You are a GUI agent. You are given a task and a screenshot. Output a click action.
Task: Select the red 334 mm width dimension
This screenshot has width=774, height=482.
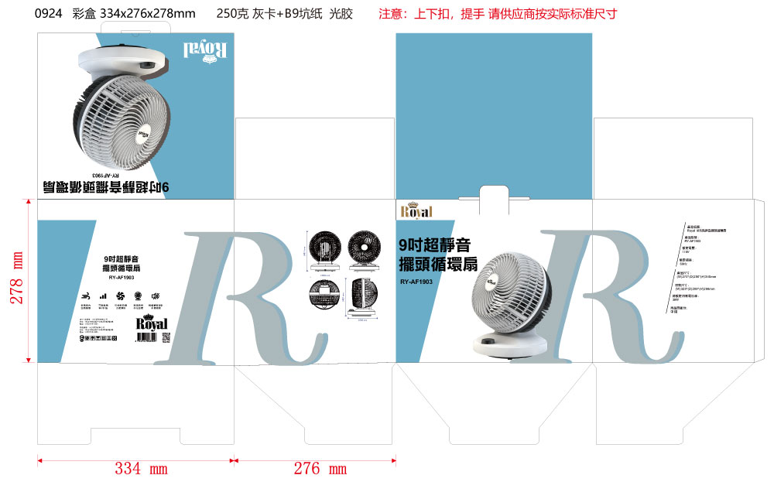click(141, 469)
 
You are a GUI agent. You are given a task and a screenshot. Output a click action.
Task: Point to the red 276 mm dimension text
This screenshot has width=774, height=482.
click(320, 469)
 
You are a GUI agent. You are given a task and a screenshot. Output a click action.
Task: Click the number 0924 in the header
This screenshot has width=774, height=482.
click(48, 14)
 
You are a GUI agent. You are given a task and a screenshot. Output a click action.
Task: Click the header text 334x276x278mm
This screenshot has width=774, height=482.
click(148, 14)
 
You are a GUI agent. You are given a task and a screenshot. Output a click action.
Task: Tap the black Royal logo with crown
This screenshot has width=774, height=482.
click(152, 323)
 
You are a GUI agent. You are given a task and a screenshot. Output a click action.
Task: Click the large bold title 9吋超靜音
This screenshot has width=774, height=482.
click(434, 245)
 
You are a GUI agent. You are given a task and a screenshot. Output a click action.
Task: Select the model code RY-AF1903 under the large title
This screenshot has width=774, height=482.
click(416, 282)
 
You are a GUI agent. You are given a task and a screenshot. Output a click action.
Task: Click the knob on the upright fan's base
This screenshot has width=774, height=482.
click(488, 341)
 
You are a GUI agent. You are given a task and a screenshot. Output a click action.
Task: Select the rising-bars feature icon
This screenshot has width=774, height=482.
click(102, 296)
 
